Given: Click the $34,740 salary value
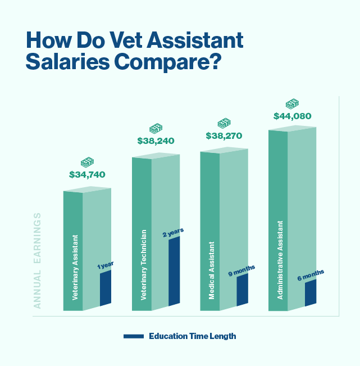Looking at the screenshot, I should (x=87, y=175).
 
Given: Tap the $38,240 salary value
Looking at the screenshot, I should (x=156, y=141).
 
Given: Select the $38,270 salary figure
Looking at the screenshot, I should (x=224, y=135).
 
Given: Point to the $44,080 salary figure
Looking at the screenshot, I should (x=292, y=116).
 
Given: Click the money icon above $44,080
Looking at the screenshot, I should (x=292, y=104).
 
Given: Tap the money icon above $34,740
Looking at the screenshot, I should (x=87, y=162).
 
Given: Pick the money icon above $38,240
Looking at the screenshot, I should (x=156, y=129).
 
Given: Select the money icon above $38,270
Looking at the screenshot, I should (x=224, y=123).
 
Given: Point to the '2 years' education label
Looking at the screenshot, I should (x=173, y=232).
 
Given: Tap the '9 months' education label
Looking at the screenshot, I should (x=241, y=270).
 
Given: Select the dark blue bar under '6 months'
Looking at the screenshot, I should (x=311, y=293).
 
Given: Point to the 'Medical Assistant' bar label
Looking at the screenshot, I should (x=212, y=270).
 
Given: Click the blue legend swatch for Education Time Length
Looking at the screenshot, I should (x=134, y=336).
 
